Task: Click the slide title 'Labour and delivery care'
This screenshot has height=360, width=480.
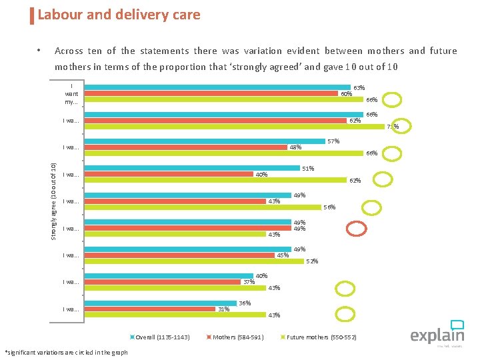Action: (119, 15)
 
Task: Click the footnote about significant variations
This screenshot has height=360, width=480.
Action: (66, 352)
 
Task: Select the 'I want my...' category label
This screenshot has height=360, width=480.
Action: (71, 94)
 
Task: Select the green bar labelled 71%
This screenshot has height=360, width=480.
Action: (233, 127)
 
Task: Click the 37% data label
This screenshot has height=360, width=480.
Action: (248, 282)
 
